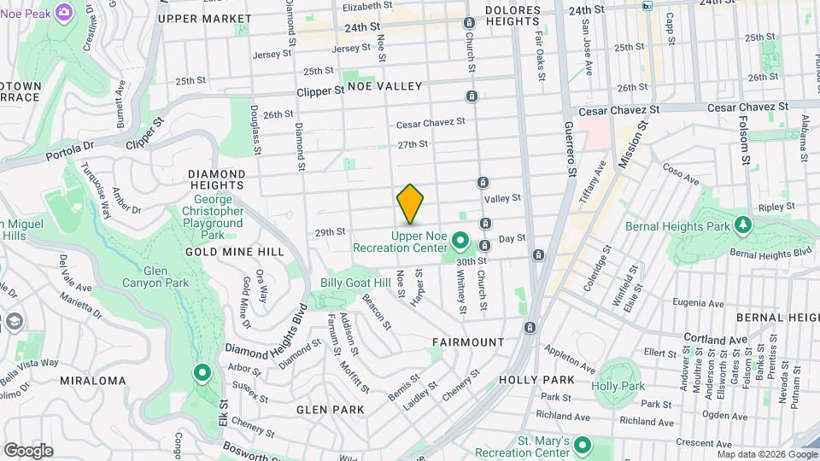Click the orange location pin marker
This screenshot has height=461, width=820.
point(410,203)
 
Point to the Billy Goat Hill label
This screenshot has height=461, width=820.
point(354,283)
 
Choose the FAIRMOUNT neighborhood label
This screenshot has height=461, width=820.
point(467,341)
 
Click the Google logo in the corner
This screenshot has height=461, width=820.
point(27,450)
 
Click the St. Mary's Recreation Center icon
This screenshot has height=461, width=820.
point(583,445)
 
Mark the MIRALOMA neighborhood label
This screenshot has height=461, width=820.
point(93,381)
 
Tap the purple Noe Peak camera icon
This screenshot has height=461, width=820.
point(62,12)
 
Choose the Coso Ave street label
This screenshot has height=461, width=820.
point(681,175)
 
